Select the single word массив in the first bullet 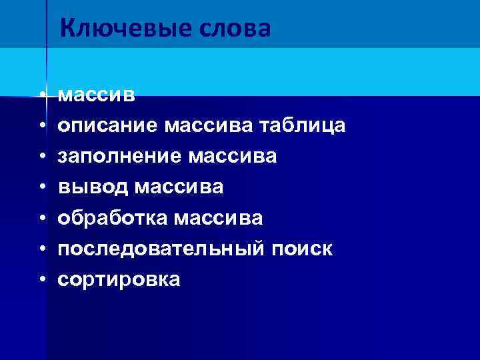[97, 96]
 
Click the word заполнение [119, 156]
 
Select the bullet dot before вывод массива [41, 187]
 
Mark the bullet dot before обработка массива [41, 218]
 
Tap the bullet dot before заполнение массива [41, 156]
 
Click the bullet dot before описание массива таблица [41, 125]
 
